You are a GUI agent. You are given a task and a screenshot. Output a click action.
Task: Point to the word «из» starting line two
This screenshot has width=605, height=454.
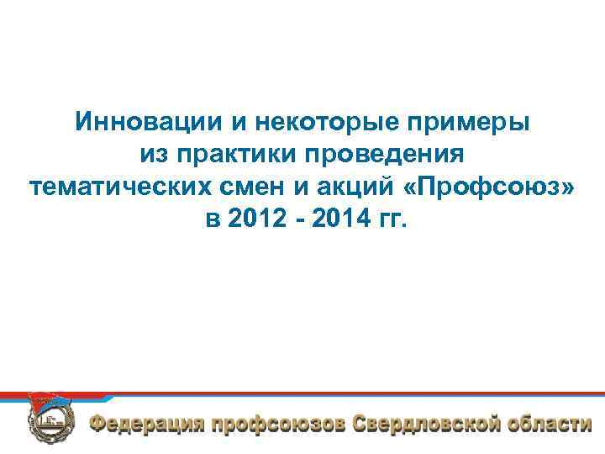tap(153, 155)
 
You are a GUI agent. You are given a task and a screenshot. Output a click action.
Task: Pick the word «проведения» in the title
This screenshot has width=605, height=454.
tap(387, 155)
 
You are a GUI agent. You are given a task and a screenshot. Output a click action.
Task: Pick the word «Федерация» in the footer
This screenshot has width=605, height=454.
tap(146, 423)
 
